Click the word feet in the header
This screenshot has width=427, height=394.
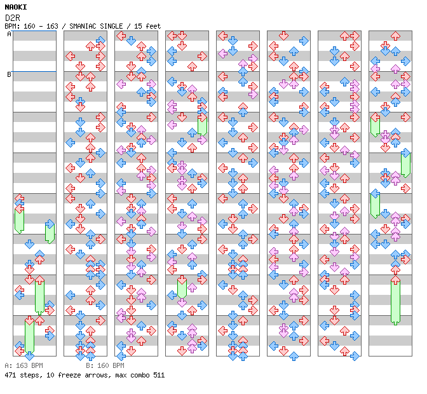(152, 26)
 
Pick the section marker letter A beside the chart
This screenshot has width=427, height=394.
(9, 34)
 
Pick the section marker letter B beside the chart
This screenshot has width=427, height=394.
(9, 74)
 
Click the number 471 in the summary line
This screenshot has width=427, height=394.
(11, 375)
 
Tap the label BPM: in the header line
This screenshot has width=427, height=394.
(11, 26)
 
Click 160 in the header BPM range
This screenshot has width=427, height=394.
(29, 26)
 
